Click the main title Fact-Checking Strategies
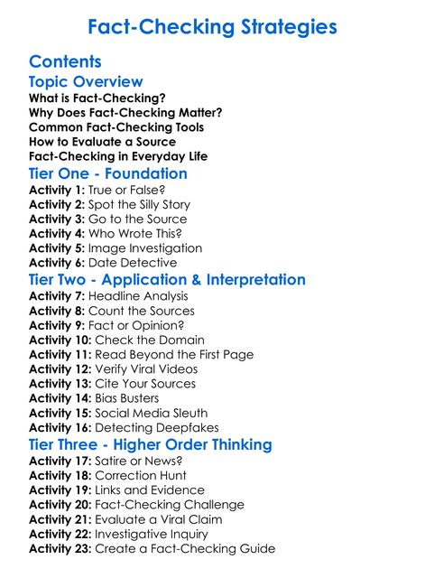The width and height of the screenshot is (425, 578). pos(212,27)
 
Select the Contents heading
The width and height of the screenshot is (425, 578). pos(65,61)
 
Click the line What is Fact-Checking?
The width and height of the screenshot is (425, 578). pos(97,98)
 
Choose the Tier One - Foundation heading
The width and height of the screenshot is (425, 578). pos(108,173)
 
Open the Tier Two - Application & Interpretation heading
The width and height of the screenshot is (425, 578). pos(167,280)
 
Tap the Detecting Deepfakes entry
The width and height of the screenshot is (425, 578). pos(156,427)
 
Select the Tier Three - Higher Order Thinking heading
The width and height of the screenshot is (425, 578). pos(151,444)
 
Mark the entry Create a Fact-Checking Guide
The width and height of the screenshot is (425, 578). pos(185,548)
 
